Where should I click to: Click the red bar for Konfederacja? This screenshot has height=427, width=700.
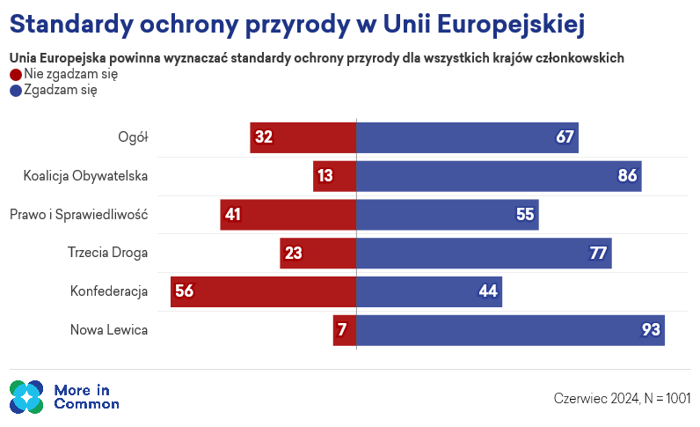pyautogui.click(x=264, y=291)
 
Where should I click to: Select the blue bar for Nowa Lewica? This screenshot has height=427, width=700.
pyautogui.click(x=510, y=330)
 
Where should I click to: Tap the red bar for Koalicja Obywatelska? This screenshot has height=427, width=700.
pyautogui.click(x=335, y=176)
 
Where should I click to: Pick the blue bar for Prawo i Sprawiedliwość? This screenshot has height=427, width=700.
pyautogui.click(x=448, y=215)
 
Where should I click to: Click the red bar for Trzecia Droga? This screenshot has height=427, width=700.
pyautogui.click(x=318, y=253)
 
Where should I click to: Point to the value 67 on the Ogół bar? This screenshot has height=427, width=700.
pyautogui.click(x=565, y=136)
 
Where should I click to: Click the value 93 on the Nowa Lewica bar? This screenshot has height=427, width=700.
pyautogui.click(x=651, y=330)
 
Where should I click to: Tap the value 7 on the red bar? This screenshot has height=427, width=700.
pyautogui.click(x=342, y=330)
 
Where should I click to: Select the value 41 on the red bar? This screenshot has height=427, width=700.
pyautogui.click(x=233, y=215)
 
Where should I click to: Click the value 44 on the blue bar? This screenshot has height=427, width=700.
pyautogui.click(x=488, y=291)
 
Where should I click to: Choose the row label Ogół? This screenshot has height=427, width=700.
pyautogui.click(x=133, y=137)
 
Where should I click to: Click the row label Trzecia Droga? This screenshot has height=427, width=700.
pyautogui.click(x=107, y=253)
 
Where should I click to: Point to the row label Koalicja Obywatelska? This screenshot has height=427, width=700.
pyautogui.click(x=85, y=176)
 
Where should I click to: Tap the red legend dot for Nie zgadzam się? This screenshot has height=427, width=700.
pyautogui.click(x=16, y=75)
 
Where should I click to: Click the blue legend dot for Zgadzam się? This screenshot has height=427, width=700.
pyautogui.click(x=16, y=91)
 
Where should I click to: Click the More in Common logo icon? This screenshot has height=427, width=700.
pyautogui.click(x=26, y=397)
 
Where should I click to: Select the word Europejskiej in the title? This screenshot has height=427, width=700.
pyautogui.click(x=511, y=24)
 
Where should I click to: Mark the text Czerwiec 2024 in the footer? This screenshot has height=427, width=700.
pyautogui.click(x=596, y=398)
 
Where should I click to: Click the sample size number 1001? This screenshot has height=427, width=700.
pyautogui.click(x=678, y=398)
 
